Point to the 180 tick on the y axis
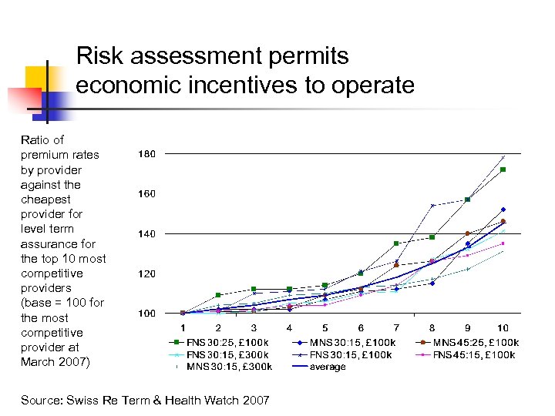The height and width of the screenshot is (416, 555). click(146, 154)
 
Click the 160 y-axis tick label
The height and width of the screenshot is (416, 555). click(146, 194)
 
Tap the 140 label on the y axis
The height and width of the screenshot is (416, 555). click(146, 233)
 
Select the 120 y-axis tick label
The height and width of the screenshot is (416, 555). click(146, 273)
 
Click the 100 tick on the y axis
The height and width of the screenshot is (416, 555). click(146, 314)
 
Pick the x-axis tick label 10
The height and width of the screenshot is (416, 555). click(503, 328)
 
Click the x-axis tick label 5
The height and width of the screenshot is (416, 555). click(325, 328)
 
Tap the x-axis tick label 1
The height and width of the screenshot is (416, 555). click(183, 328)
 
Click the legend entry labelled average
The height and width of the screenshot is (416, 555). click(328, 367)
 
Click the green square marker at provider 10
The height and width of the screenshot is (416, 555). click(503, 169)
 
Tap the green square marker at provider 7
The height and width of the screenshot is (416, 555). click(396, 243)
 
